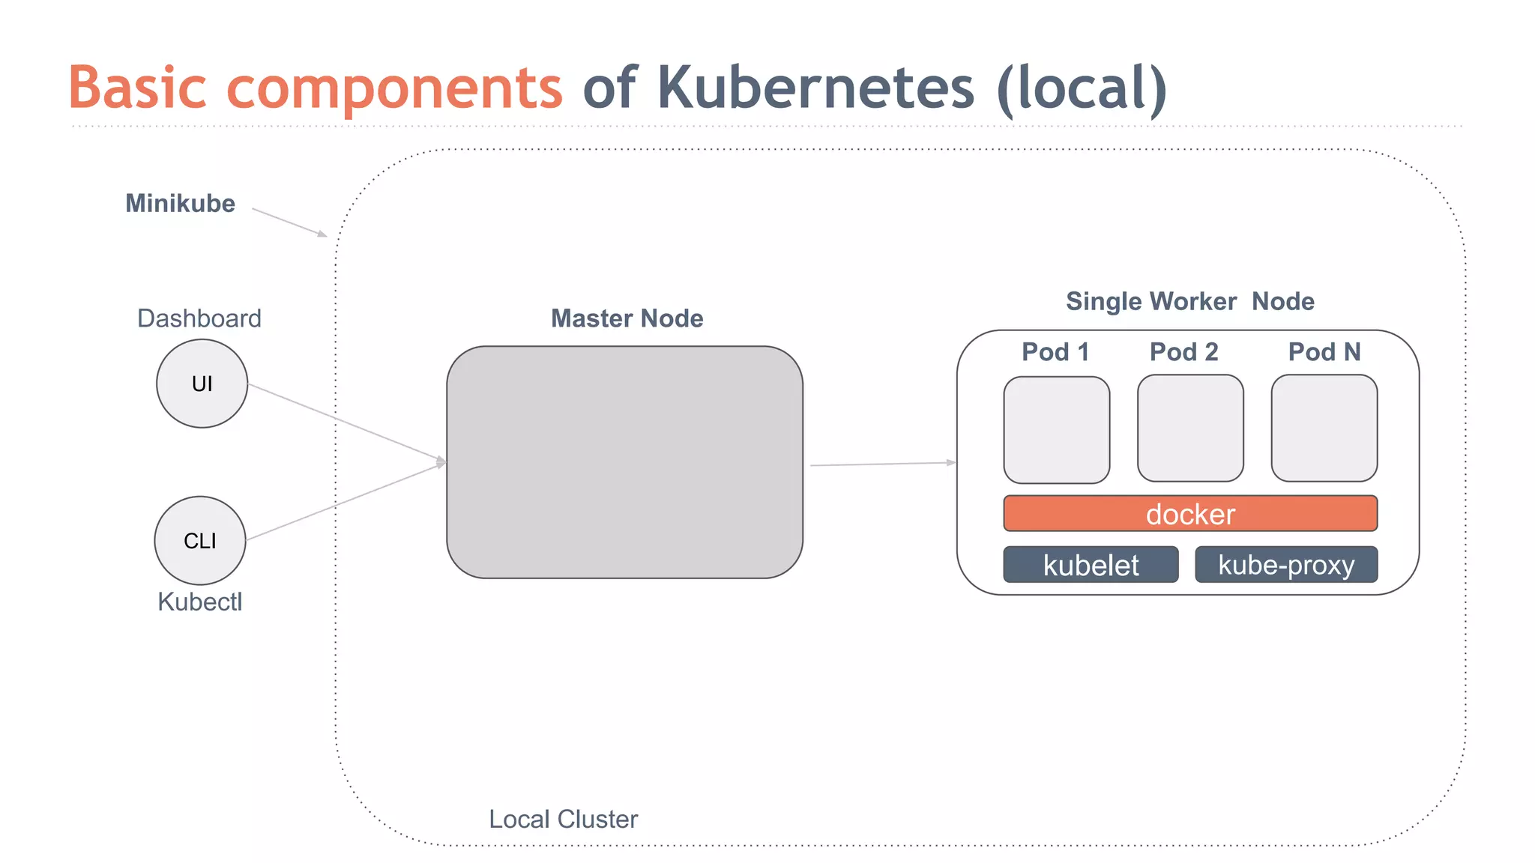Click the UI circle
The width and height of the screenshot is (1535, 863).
pos(202,384)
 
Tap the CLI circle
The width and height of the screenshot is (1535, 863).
pos(200,540)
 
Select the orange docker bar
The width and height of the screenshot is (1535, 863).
pos(1190,514)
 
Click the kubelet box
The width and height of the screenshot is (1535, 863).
pos(1091,565)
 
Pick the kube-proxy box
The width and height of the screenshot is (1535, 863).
pos(1286,565)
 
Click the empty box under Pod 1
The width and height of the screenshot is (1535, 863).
pos(1056,430)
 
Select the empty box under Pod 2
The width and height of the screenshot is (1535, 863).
pos(1190,429)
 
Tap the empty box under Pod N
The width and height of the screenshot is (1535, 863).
pos(1324,429)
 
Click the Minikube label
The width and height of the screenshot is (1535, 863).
pos(180,204)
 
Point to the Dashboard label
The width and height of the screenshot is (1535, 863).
pos(199,318)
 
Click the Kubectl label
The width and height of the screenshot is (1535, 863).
pos(200,602)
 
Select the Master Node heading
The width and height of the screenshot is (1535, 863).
pos(627,318)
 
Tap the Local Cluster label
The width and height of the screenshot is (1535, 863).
pos(564,820)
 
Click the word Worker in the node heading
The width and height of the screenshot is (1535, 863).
pos(1193,301)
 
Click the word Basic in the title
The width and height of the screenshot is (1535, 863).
pos(138,88)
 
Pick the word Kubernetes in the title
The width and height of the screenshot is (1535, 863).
pos(816,88)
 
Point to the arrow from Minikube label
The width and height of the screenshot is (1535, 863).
pos(289,222)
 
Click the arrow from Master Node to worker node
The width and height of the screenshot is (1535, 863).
pos(882,464)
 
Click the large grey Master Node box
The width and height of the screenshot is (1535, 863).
pos(624,462)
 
